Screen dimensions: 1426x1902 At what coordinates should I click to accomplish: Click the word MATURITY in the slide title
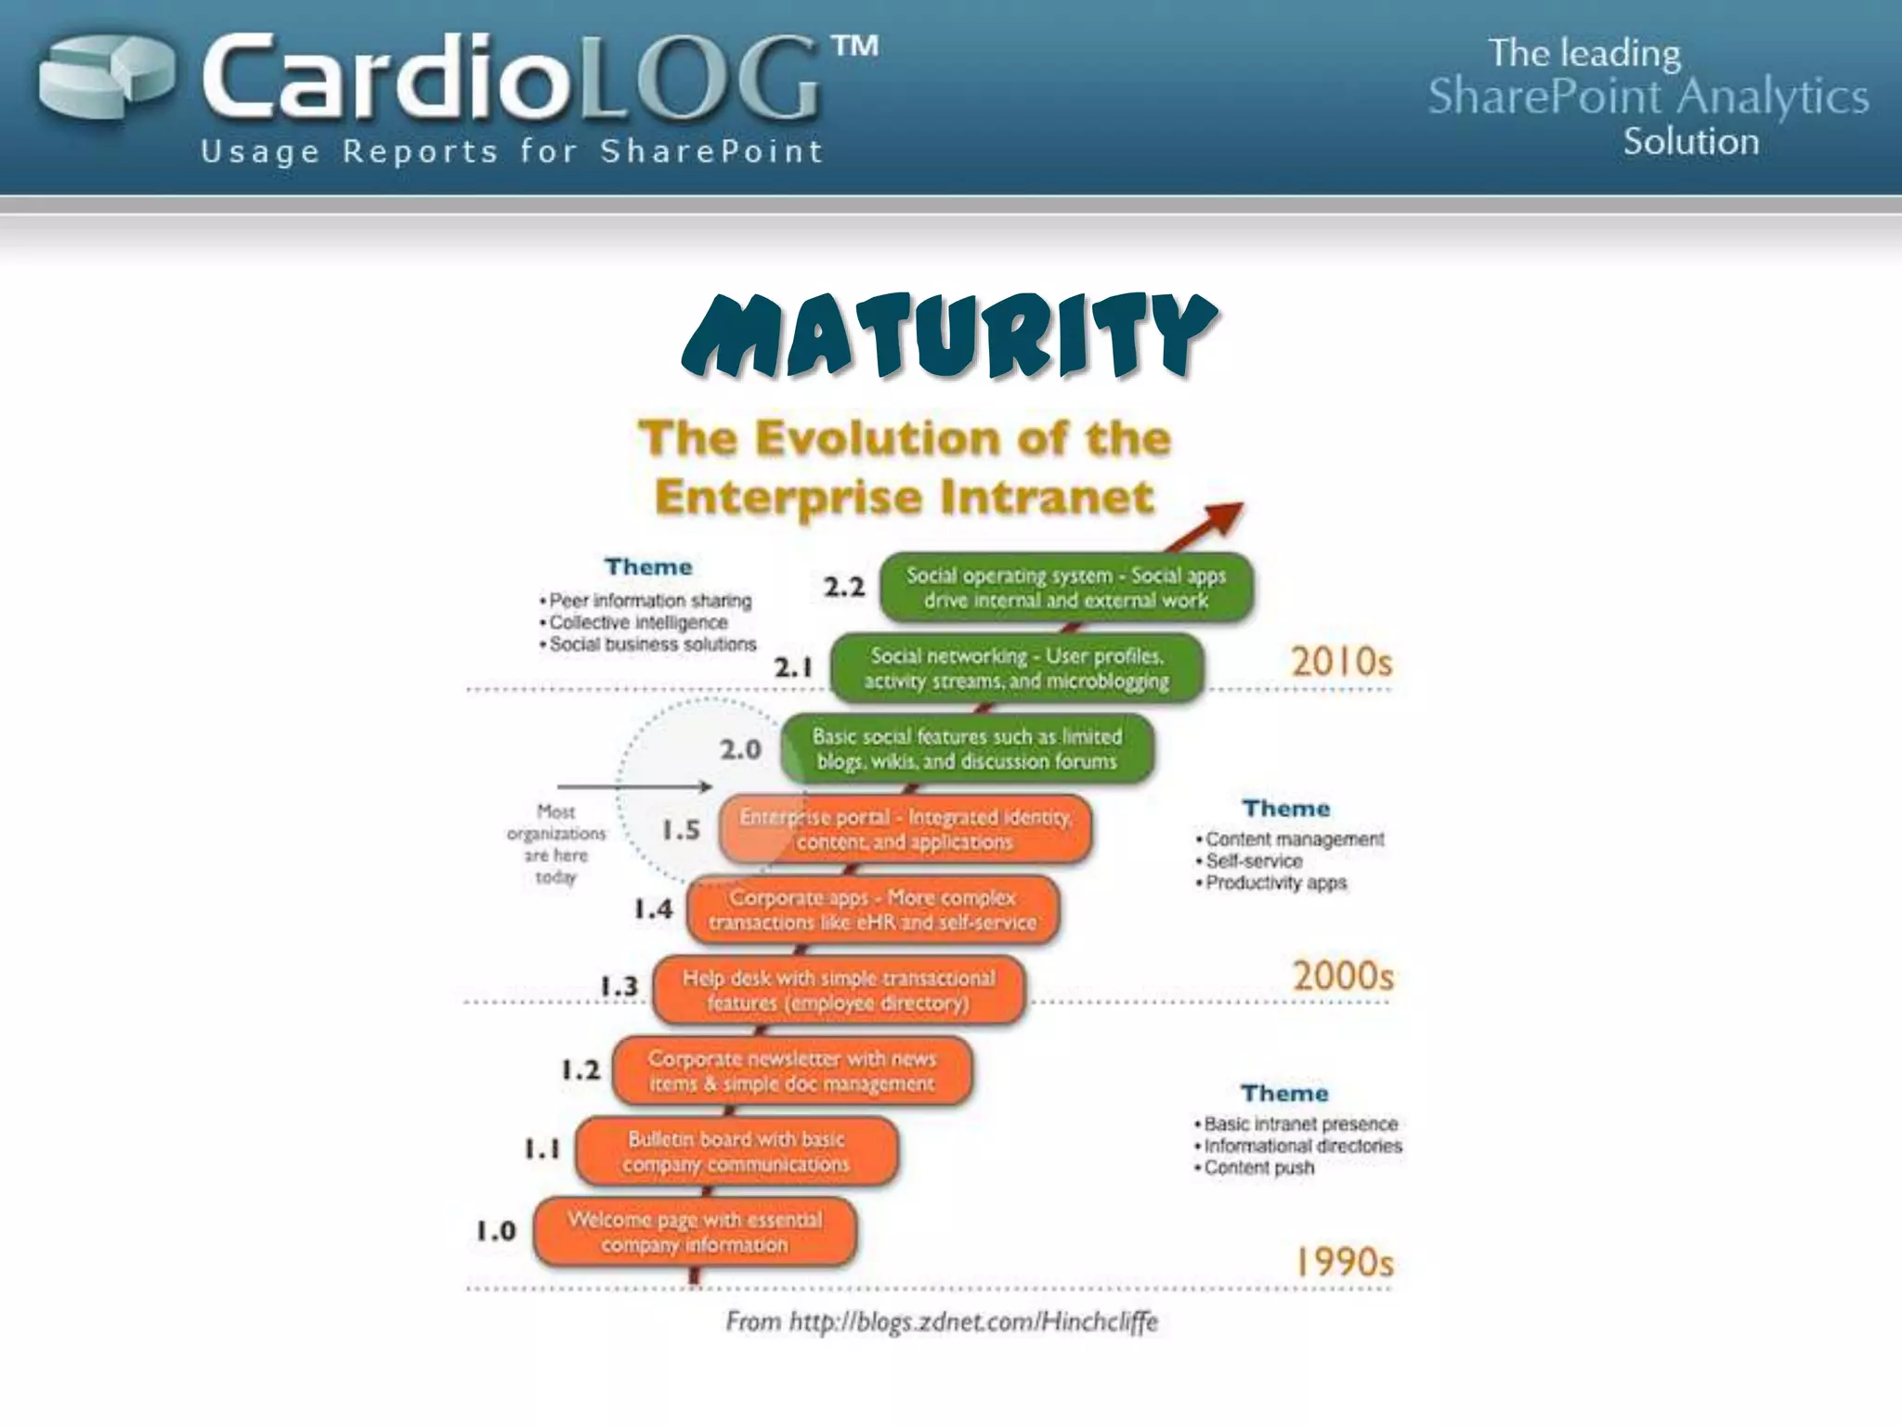click(x=948, y=336)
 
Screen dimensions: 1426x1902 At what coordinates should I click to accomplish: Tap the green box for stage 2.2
click(x=1065, y=588)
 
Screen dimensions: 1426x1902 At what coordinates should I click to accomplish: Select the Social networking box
click(x=1016, y=668)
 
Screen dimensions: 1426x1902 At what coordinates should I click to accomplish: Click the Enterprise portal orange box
click(x=906, y=829)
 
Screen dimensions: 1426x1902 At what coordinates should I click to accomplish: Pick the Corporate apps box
click(x=872, y=910)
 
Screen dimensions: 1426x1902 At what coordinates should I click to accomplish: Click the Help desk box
click(x=839, y=991)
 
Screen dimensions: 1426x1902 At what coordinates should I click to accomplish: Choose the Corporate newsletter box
click(x=792, y=1071)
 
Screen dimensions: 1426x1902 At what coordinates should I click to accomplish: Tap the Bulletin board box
click(x=736, y=1151)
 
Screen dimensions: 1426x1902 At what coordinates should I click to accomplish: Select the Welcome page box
click(x=695, y=1232)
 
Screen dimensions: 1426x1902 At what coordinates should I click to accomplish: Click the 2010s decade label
click(x=1341, y=662)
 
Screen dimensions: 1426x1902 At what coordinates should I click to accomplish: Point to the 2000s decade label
click(x=1343, y=977)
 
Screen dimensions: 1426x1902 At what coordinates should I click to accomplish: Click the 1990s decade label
click(x=1344, y=1262)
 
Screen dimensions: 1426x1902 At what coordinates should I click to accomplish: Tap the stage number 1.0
click(x=496, y=1232)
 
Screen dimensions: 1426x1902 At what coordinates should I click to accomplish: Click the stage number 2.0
click(x=740, y=749)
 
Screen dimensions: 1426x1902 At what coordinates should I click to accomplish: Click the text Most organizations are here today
click(x=555, y=844)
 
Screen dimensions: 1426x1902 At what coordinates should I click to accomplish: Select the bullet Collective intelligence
click(x=638, y=623)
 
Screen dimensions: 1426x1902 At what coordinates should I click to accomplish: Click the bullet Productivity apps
click(x=1275, y=883)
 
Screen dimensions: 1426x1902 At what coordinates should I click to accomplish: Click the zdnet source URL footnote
click(x=942, y=1321)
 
